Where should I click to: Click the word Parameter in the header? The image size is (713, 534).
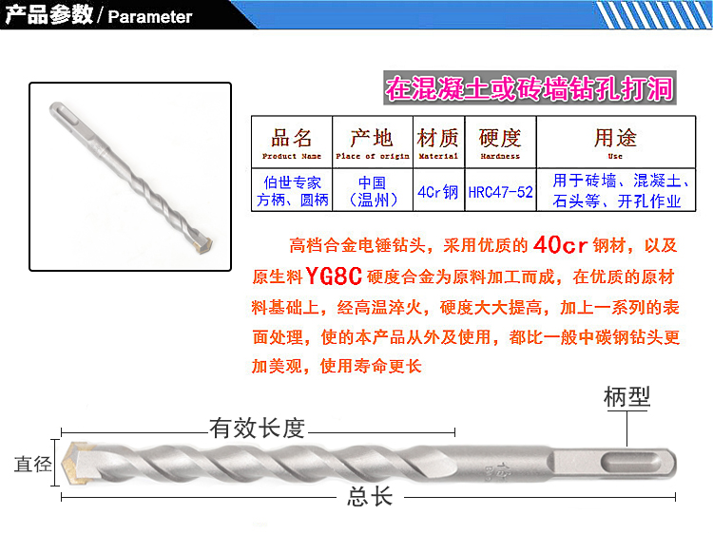point(150,17)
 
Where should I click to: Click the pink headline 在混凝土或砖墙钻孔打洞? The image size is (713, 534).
point(530,88)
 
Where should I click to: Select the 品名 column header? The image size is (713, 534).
point(292,143)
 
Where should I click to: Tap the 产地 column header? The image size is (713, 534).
point(373,143)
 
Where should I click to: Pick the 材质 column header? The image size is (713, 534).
point(438,143)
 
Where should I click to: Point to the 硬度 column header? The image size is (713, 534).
point(500,143)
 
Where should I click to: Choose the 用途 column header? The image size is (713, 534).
point(616,143)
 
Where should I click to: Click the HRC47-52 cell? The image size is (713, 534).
point(500,192)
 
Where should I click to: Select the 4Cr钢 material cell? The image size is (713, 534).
point(438,192)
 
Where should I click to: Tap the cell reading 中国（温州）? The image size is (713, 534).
point(373,191)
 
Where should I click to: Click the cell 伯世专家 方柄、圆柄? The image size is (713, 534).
point(293,191)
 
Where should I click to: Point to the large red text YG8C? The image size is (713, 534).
point(334,276)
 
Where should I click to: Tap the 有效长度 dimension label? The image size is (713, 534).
point(257,429)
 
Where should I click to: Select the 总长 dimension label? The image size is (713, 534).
point(370,496)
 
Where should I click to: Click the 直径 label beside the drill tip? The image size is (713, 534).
point(32,464)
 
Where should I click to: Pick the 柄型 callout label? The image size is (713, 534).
point(627,397)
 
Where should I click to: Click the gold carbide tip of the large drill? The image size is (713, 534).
point(74,463)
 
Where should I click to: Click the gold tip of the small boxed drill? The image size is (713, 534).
point(204,244)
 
